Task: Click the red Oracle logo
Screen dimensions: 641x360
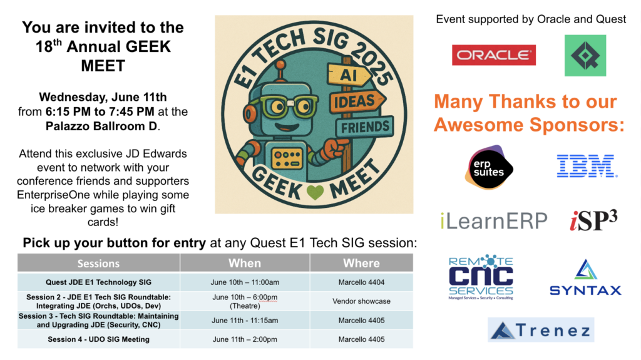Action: click(494, 55)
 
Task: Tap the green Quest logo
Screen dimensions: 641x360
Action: click(585, 55)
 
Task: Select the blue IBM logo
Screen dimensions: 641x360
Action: click(587, 166)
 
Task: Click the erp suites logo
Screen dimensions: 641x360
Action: click(489, 167)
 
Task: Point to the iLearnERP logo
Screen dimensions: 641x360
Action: click(493, 221)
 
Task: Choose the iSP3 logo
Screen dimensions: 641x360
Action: click(593, 220)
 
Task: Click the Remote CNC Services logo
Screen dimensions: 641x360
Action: click(481, 277)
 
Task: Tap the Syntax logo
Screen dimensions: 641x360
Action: click(585, 277)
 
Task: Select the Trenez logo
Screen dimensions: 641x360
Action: click(541, 329)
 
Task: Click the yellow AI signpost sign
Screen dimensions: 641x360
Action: click(349, 75)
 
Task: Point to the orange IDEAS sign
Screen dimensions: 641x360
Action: click(357, 101)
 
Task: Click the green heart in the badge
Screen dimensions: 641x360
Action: click(315, 192)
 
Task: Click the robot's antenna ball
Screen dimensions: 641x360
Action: click(280, 64)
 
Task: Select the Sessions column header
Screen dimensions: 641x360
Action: click(98, 263)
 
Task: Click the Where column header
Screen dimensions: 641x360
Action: click(361, 263)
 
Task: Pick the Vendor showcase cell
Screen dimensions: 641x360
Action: click(361, 301)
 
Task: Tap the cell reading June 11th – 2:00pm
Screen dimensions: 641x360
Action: click(245, 339)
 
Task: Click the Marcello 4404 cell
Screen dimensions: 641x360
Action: click(361, 282)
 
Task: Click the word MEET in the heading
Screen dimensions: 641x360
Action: click(103, 66)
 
